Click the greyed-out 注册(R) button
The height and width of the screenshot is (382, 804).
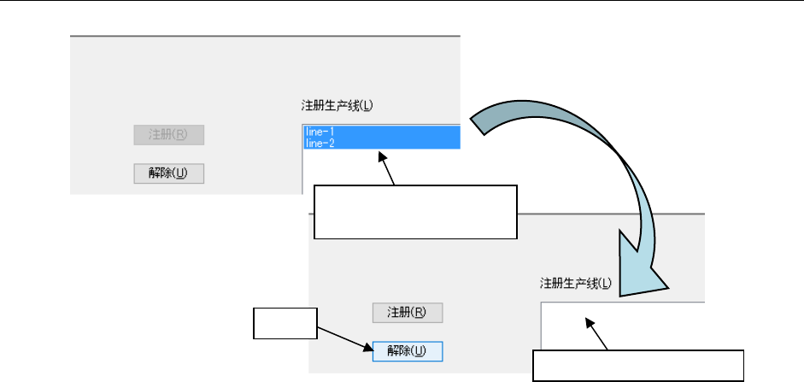(x=169, y=135)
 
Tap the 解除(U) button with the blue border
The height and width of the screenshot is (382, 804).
(x=407, y=351)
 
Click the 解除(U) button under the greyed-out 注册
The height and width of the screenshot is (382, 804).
(x=169, y=173)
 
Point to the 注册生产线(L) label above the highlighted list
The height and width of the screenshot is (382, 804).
(x=338, y=106)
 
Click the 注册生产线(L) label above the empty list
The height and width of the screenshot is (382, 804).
(x=577, y=282)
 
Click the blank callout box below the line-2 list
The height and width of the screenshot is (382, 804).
(x=416, y=211)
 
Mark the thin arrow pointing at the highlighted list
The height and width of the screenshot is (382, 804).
(x=390, y=169)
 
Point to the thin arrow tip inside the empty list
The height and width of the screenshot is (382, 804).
(x=589, y=322)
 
